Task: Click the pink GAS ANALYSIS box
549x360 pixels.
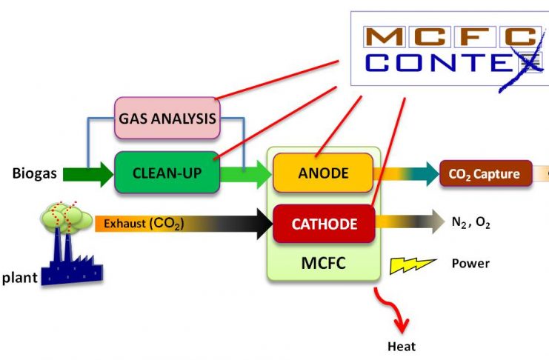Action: coord(167,119)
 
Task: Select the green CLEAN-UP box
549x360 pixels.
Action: coord(167,173)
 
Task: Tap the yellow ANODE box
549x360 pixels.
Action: coord(323,173)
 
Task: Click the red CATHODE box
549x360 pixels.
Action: coord(324,224)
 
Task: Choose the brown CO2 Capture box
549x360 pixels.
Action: coord(485,173)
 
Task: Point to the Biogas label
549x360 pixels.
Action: coord(34,173)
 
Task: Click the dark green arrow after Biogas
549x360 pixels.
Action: coord(88,174)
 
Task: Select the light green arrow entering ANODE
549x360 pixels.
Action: coord(246,174)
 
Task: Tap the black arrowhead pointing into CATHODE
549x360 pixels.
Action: coord(264,224)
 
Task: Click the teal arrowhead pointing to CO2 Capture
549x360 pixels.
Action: coord(433,174)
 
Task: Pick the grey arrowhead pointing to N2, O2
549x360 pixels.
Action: coord(439,221)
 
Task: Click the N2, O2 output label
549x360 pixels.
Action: coord(471,222)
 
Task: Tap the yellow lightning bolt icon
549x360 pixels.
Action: coord(412,265)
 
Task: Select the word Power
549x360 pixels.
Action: coord(470,264)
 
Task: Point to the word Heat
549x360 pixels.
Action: coord(402,347)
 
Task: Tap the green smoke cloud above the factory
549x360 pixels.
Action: coord(67,217)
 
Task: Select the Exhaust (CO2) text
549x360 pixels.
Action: coord(144,224)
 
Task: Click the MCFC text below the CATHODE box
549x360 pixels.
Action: coord(323,263)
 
